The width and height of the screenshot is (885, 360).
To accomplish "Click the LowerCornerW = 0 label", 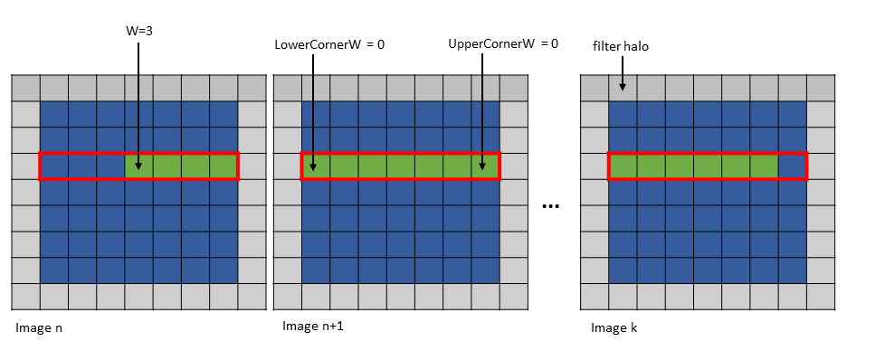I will click(329, 43).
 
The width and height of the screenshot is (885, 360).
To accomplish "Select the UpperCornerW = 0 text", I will click(503, 43).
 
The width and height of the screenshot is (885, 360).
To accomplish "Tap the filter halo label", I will click(621, 45).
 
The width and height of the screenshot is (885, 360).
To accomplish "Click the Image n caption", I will click(39, 327).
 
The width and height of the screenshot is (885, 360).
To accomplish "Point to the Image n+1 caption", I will click(313, 326).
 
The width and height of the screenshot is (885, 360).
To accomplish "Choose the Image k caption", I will click(614, 327).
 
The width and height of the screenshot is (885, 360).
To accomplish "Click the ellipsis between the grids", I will click(550, 207).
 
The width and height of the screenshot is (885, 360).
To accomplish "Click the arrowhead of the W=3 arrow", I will click(138, 166).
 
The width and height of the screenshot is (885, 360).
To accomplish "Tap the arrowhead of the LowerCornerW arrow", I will click(312, 166).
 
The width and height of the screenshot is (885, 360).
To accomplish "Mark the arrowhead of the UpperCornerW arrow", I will click(484, 166).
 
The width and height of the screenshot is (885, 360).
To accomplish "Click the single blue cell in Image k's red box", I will click(793, 166).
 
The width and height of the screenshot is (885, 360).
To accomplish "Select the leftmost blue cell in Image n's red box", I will click(54, 166).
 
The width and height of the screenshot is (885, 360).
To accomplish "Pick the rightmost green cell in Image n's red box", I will click(224, 166).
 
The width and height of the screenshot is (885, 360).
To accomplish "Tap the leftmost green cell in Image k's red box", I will click(623, 166).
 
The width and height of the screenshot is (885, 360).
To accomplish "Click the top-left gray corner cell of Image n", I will click(25, 88).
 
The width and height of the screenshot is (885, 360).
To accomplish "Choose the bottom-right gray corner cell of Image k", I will click(821, 297).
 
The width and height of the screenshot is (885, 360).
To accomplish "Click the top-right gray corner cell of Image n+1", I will click(513, 88).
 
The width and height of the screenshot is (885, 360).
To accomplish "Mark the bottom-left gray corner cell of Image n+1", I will click(287, 297).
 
